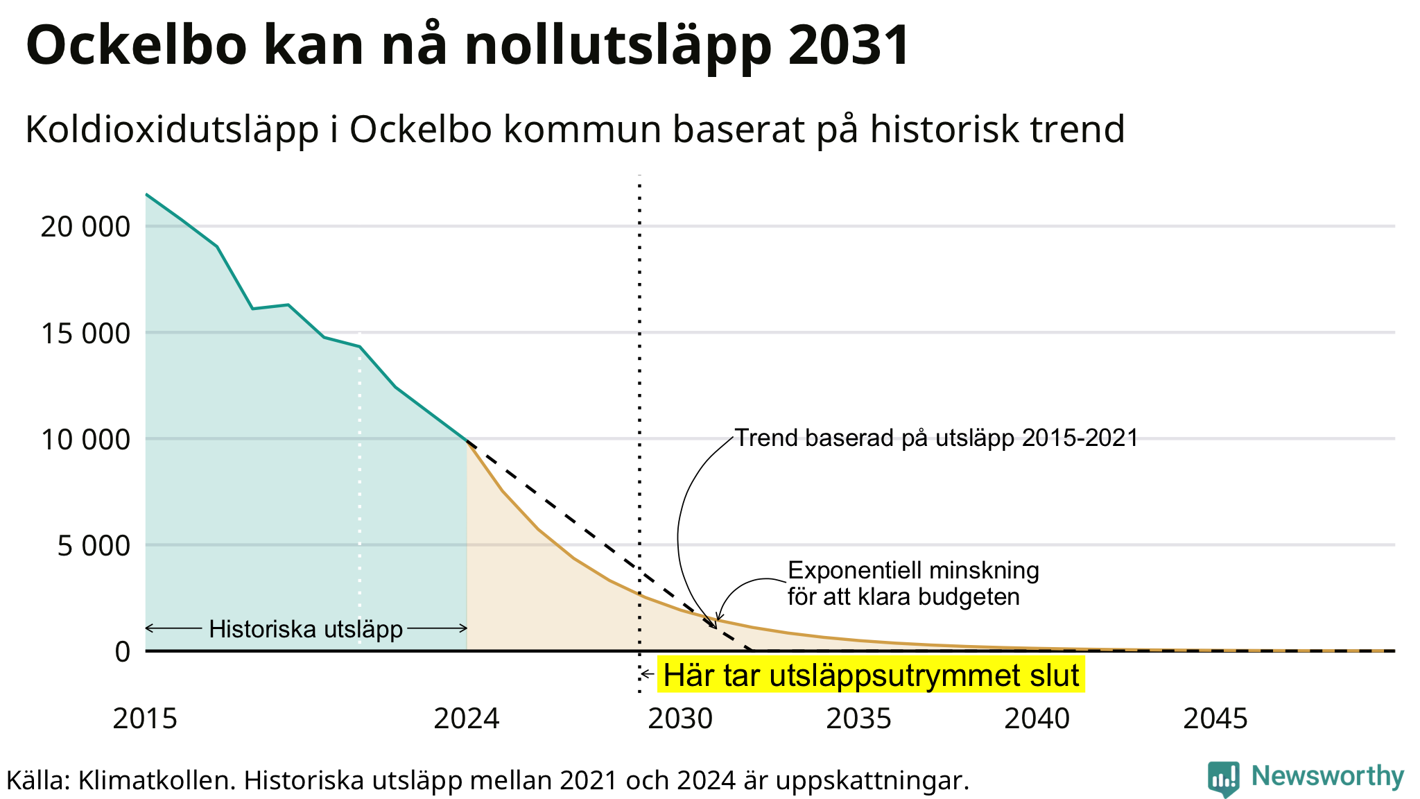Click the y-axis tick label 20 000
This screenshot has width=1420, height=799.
click(x=85, y=227)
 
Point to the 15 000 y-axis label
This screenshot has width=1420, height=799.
click(x=85, y=334)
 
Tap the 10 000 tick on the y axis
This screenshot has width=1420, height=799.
click(x=85, y=440)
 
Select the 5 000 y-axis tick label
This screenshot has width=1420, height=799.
click(x=94, y=546)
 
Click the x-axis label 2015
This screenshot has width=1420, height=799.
click(x=145, y=719)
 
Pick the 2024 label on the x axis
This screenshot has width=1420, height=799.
click(x=467, y=719)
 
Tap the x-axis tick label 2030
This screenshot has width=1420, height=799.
click(x=680, y=719)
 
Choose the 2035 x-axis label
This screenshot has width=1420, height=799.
click(x=858, y=719)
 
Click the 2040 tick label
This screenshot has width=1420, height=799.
click(x=1037, y=719)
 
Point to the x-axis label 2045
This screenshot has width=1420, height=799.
click(x=1215, y=719)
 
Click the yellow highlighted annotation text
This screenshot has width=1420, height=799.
click(x=871, y=676)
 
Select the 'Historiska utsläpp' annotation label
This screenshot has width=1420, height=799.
click(x=306, y=629)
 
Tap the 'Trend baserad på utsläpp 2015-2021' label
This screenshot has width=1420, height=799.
click(x=937, y=438)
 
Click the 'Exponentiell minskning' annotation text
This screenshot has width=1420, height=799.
click(x=914, y=571)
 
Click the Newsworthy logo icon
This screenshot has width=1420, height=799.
click(x=1223, y=779)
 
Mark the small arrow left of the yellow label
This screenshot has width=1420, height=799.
click(x=648, y=673)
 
